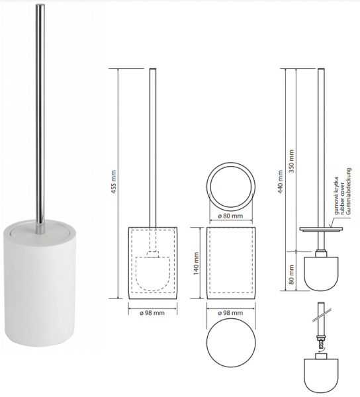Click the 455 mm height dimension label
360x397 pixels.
coord(114,182)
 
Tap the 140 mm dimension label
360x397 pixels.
coord(196,263)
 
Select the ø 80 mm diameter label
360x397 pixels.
coord(230,216)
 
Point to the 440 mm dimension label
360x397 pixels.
coord(280,181)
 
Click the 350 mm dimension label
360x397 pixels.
coord(291,161)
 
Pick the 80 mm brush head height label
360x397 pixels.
coord(291,275)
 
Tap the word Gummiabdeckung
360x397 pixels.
coord(349,191)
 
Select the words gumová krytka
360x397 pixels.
coord(336,196)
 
